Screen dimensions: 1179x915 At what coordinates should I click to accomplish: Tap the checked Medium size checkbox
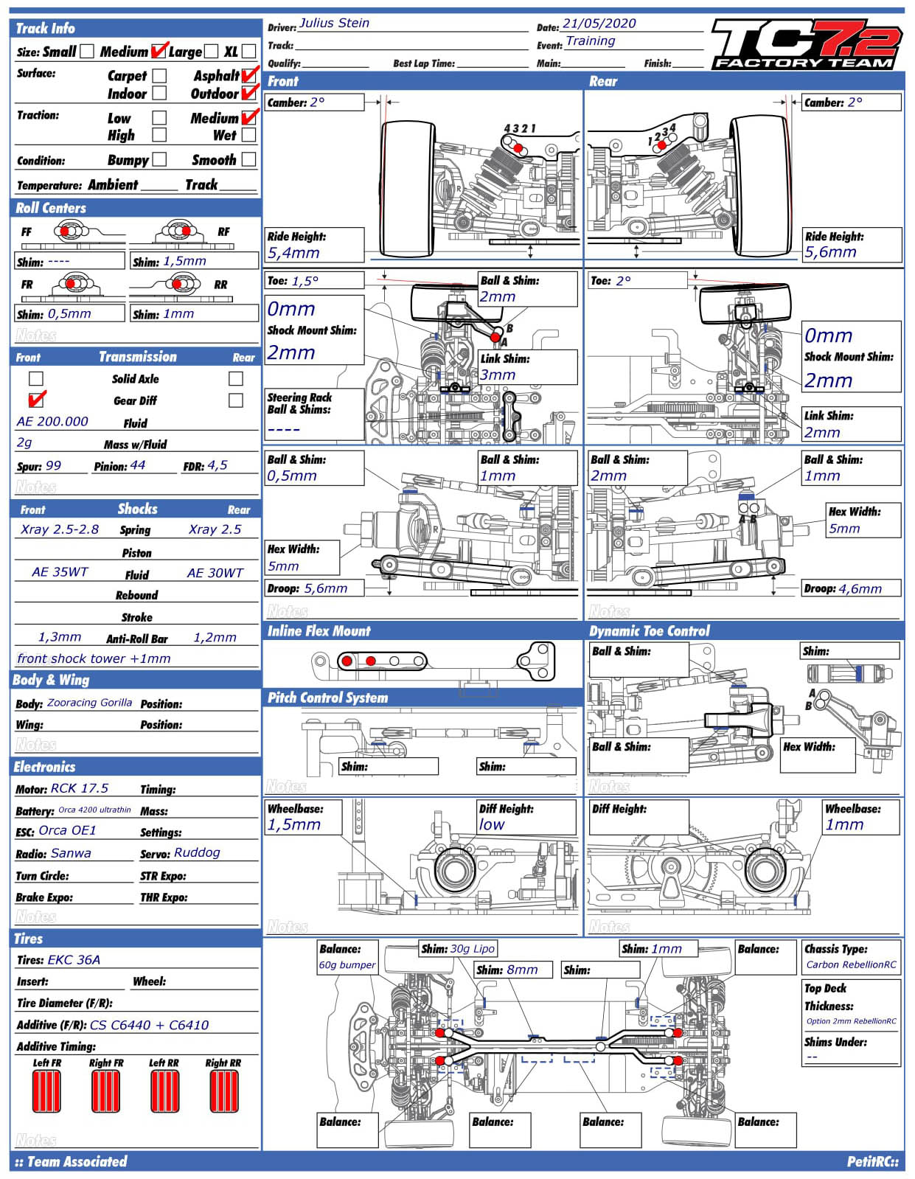(159, 52)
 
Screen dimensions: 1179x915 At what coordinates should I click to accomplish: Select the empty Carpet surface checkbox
(159, 76)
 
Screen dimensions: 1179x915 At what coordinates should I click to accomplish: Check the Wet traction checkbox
(249, 136)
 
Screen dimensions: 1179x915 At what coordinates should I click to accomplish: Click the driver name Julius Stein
(334, 24)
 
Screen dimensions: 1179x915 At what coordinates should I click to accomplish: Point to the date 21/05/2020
(599, 24)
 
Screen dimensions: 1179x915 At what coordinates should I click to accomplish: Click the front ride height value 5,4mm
(293, 253)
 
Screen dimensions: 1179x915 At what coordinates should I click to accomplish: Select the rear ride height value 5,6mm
(831, 252)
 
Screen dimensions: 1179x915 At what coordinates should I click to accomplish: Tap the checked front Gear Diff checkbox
(36, 400)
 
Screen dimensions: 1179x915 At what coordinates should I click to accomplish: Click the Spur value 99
(54, 466)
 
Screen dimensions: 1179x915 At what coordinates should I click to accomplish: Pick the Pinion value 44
(138, 466)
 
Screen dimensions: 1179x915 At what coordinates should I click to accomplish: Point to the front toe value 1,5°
(305, 281)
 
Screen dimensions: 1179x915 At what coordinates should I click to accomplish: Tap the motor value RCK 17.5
(80, 788)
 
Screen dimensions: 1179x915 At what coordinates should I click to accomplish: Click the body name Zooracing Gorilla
(89, 703)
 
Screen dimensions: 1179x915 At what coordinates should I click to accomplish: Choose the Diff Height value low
(492, 825)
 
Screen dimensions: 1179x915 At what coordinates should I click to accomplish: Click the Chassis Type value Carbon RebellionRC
(851, 965)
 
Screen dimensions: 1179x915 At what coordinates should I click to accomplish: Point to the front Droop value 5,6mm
(325, 588)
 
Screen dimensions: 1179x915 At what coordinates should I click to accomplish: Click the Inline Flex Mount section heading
(319, 631)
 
